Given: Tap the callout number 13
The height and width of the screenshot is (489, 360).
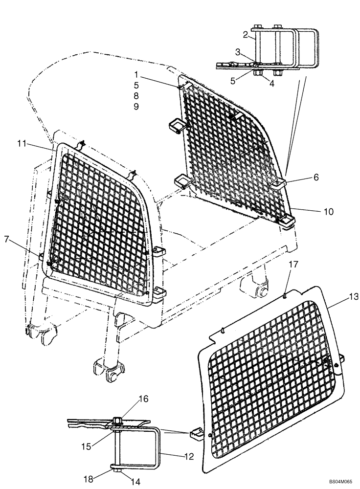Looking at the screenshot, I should pos(340,297).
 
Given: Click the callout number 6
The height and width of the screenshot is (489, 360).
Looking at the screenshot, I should pos(316,178).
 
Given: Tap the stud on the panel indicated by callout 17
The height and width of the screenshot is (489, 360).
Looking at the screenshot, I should pos(284,294).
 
